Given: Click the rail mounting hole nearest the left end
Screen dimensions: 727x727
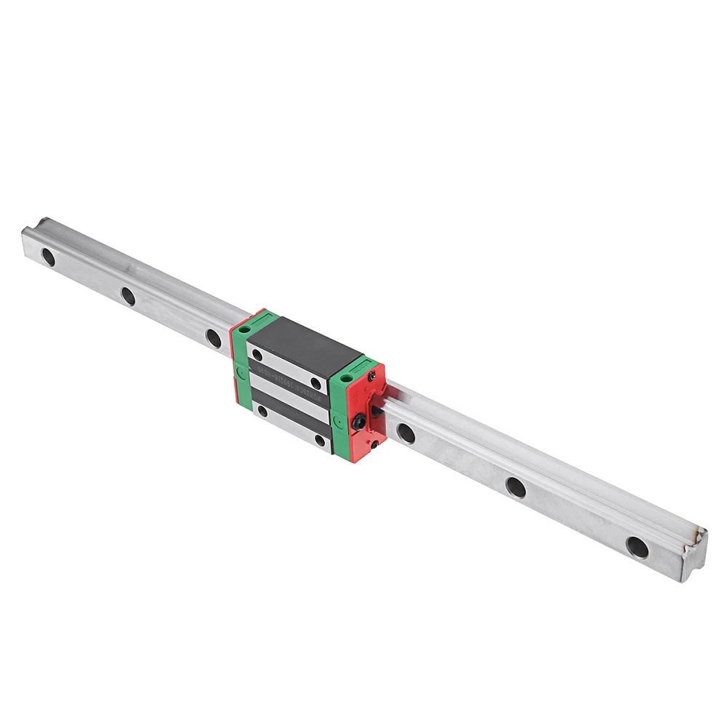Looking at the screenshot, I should [48, 257].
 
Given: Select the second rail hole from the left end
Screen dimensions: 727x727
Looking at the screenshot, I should [128, 296].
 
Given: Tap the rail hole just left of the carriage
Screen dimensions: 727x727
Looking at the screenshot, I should [213, 338].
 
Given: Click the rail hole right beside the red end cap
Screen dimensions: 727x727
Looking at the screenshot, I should [406, 433].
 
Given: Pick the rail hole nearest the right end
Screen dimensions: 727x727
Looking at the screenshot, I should [637, 547].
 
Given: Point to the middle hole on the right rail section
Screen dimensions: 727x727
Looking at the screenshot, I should [515, 487].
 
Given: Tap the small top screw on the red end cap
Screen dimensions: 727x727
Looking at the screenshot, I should [371, 376].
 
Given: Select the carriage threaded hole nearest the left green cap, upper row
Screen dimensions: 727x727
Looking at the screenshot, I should [257, 356].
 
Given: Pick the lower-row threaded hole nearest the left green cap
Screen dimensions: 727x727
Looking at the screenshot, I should [262, 411].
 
